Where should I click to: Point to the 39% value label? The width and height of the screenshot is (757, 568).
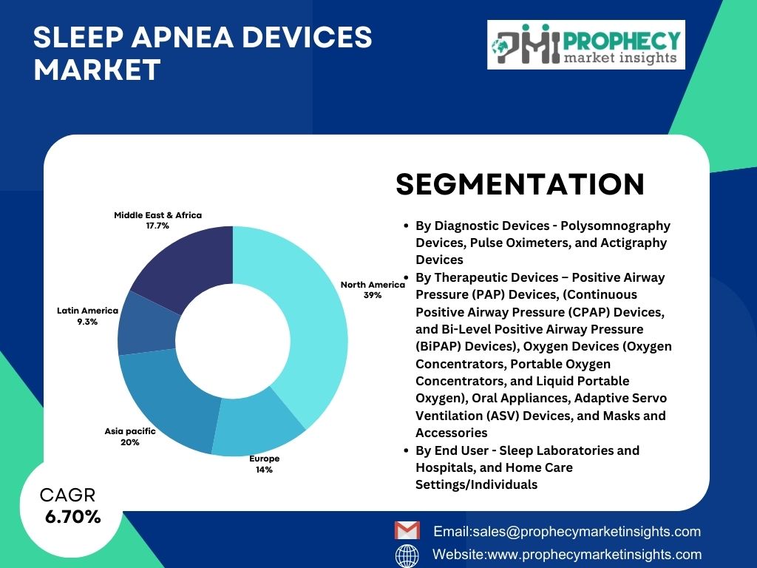[373, 295]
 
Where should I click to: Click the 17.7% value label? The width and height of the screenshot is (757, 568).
[158, 226]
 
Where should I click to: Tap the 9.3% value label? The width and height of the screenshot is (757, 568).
[87, 322]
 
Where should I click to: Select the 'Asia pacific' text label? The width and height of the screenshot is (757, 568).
[130, 431]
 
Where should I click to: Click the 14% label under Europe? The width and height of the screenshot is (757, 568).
[264, 470]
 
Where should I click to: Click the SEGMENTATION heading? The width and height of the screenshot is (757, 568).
[520, 184]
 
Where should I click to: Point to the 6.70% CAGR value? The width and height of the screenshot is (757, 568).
[73, 517]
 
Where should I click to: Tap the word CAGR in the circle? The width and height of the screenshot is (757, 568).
[67, 495]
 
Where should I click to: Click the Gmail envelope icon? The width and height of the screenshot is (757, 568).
[407, 530]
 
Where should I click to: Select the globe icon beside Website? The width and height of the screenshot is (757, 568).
[407, 555]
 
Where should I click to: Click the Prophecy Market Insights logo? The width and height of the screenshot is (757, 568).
[586, 44]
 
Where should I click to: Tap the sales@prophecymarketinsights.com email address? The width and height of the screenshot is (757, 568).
[586, 531]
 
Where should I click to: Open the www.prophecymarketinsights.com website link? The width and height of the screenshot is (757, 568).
[595, 554]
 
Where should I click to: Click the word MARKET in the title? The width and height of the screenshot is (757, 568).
[97, 70]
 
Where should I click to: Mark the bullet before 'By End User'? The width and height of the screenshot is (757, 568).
[407, 450]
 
